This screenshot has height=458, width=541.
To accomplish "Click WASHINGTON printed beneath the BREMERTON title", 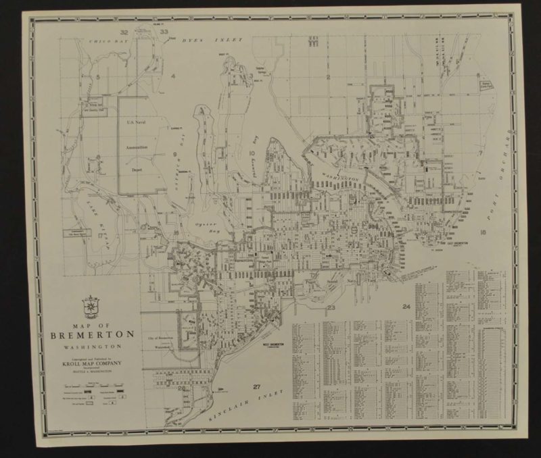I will pos(87,348).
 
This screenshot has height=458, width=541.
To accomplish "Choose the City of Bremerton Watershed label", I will pos(160,343).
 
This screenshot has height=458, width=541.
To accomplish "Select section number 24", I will pos(405,308).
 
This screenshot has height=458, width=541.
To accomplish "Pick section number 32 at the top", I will pos(124,32).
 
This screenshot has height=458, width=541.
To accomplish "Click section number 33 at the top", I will pos(164,32).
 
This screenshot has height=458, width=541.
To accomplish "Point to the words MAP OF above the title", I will pos(86,324).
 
